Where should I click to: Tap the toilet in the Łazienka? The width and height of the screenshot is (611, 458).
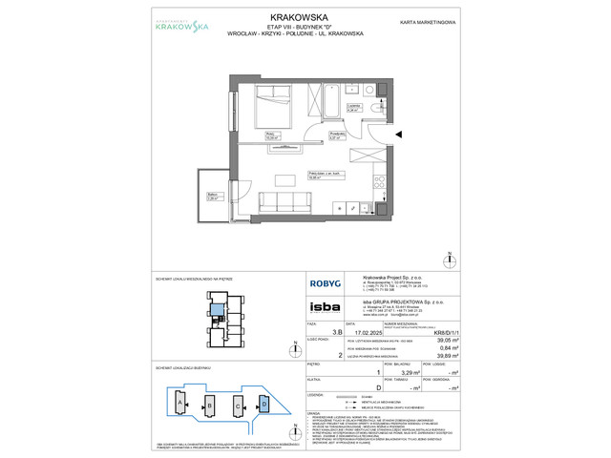pyautogui.click(x=378, y=89)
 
